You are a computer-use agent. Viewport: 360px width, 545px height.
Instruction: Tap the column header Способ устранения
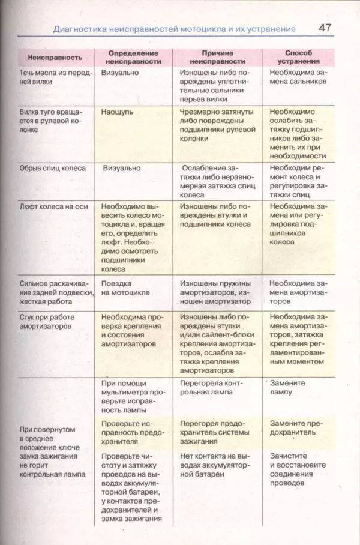[295, 57]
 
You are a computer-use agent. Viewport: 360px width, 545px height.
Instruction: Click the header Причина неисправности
[217, 57]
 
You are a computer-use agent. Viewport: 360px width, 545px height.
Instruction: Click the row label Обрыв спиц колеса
[53, 169]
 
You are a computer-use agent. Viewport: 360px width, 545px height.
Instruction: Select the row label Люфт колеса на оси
[54, 206]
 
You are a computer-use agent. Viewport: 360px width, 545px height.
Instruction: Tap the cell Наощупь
[117, 112]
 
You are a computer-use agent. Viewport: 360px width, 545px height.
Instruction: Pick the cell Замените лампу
[287, 387]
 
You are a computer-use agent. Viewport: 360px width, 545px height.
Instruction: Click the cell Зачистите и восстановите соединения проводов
[297, 465]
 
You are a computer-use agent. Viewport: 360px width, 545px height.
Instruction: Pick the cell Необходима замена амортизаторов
[298, 288]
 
